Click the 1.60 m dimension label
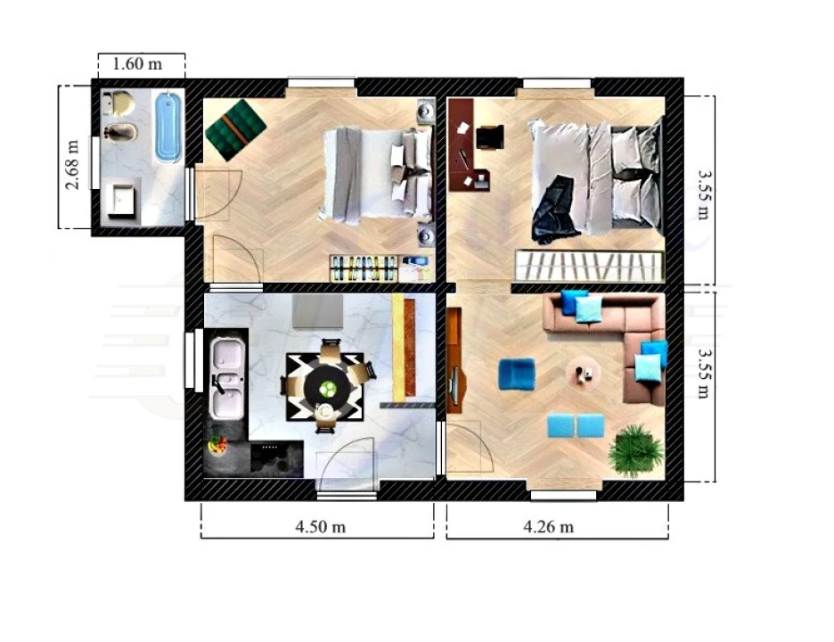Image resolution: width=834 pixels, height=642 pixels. [137, 64]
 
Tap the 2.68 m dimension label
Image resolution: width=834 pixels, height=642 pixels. [72, 164]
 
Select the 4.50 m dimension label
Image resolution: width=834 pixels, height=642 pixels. [320, 527]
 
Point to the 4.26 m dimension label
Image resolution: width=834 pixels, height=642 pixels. [548, 527]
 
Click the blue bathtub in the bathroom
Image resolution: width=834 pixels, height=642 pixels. [169, 126]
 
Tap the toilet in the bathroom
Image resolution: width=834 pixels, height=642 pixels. [119, 103]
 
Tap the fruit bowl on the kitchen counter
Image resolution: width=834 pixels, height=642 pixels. [217, 445]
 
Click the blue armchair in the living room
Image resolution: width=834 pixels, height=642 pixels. [517, 374]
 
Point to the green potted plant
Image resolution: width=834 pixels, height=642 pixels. [636, 450]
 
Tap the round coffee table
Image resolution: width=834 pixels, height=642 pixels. [584, 372]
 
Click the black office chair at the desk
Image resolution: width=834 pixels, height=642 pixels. [490, 137]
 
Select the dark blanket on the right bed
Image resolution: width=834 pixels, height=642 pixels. [554, 210]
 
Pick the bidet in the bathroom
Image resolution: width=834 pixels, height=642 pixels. [120, 131]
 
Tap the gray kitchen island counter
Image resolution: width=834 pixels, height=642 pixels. [317, 312]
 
